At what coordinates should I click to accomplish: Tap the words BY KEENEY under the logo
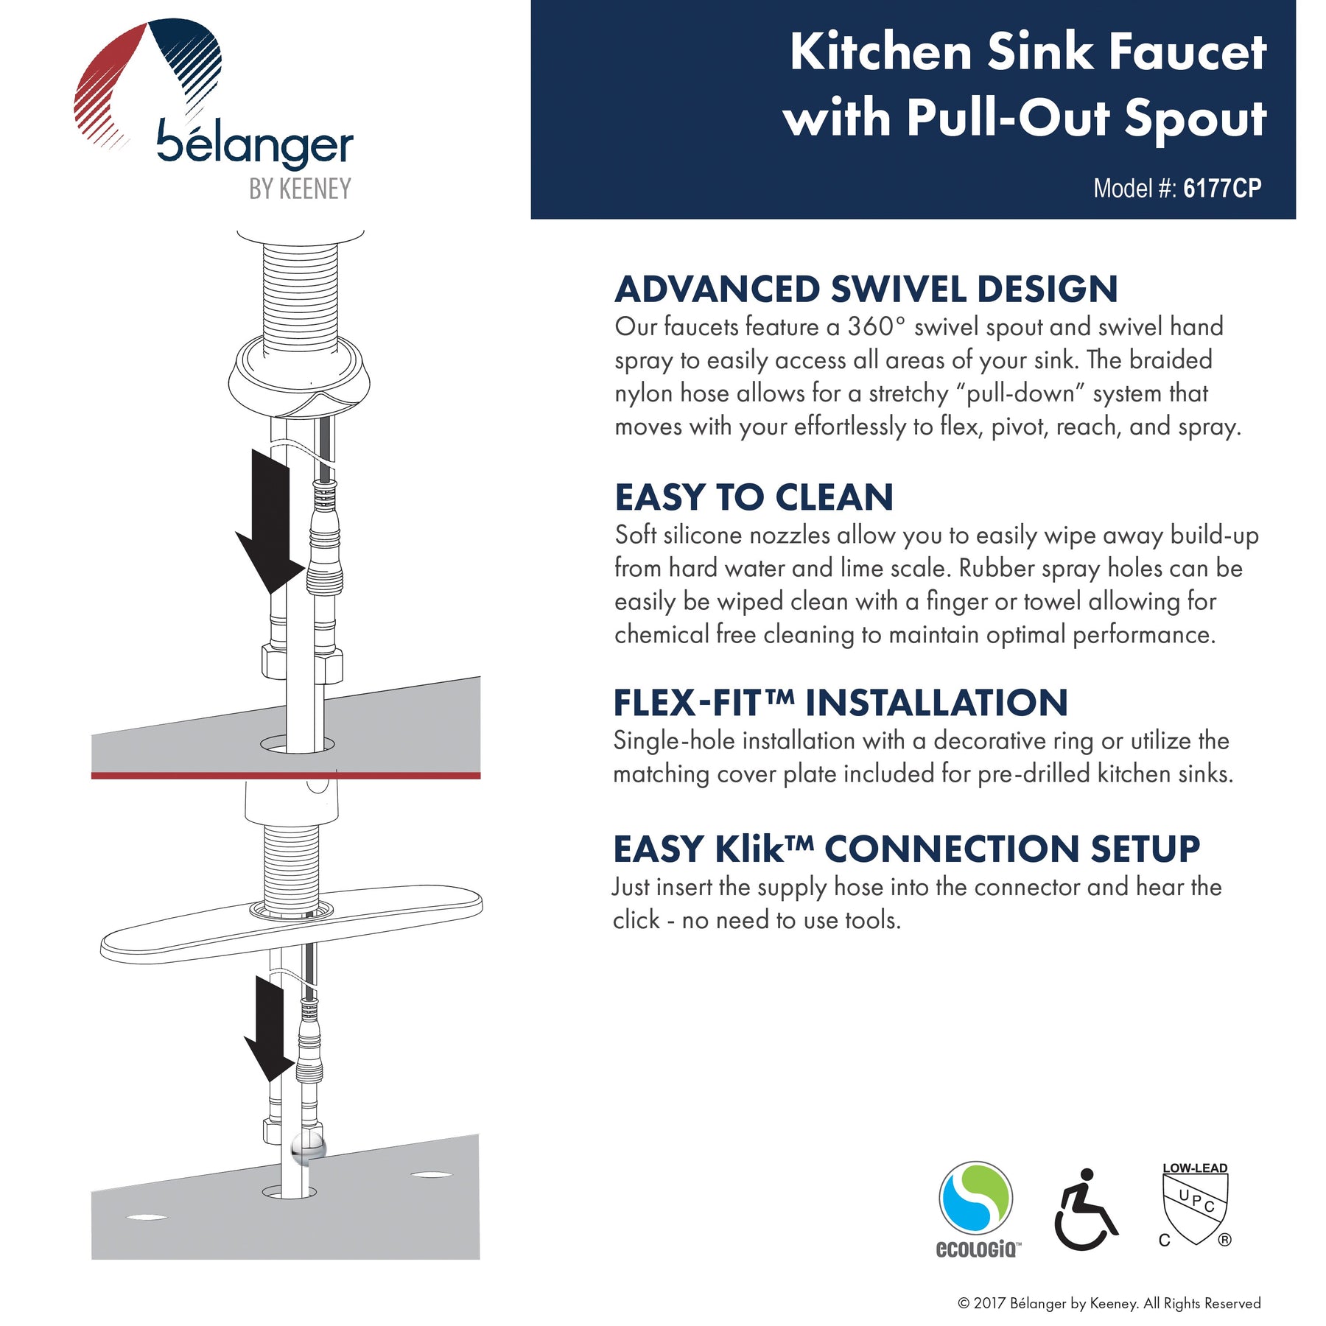300,189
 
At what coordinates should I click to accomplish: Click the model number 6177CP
1222,189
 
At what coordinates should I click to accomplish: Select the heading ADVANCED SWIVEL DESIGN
866,289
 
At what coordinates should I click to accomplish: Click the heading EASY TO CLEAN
754,497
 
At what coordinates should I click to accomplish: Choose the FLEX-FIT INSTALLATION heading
841,703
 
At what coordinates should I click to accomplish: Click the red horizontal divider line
286,775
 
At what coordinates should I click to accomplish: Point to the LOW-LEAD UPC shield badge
1195,1204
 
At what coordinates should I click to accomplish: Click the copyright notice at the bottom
1109,1303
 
